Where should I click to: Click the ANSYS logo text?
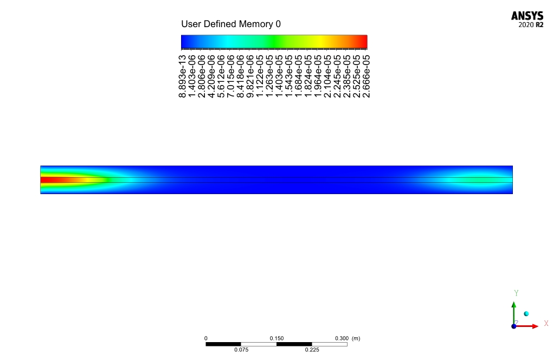click(x=528, y=16)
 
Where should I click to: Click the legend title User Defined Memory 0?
click(x=231, y=24)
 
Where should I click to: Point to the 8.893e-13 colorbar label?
click(x=182, y=76)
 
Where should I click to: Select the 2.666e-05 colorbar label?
click(x=366, y=76)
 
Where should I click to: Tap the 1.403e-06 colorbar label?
click(x=192, y=76)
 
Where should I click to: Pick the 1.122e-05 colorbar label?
click(x=260, y=76)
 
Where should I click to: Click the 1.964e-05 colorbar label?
click(x=318, y=76)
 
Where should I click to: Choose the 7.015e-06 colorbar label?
click(x=231, y=76)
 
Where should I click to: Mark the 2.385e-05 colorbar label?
click(x=347, y=76)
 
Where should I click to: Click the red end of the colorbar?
click(x=364, y=42)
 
